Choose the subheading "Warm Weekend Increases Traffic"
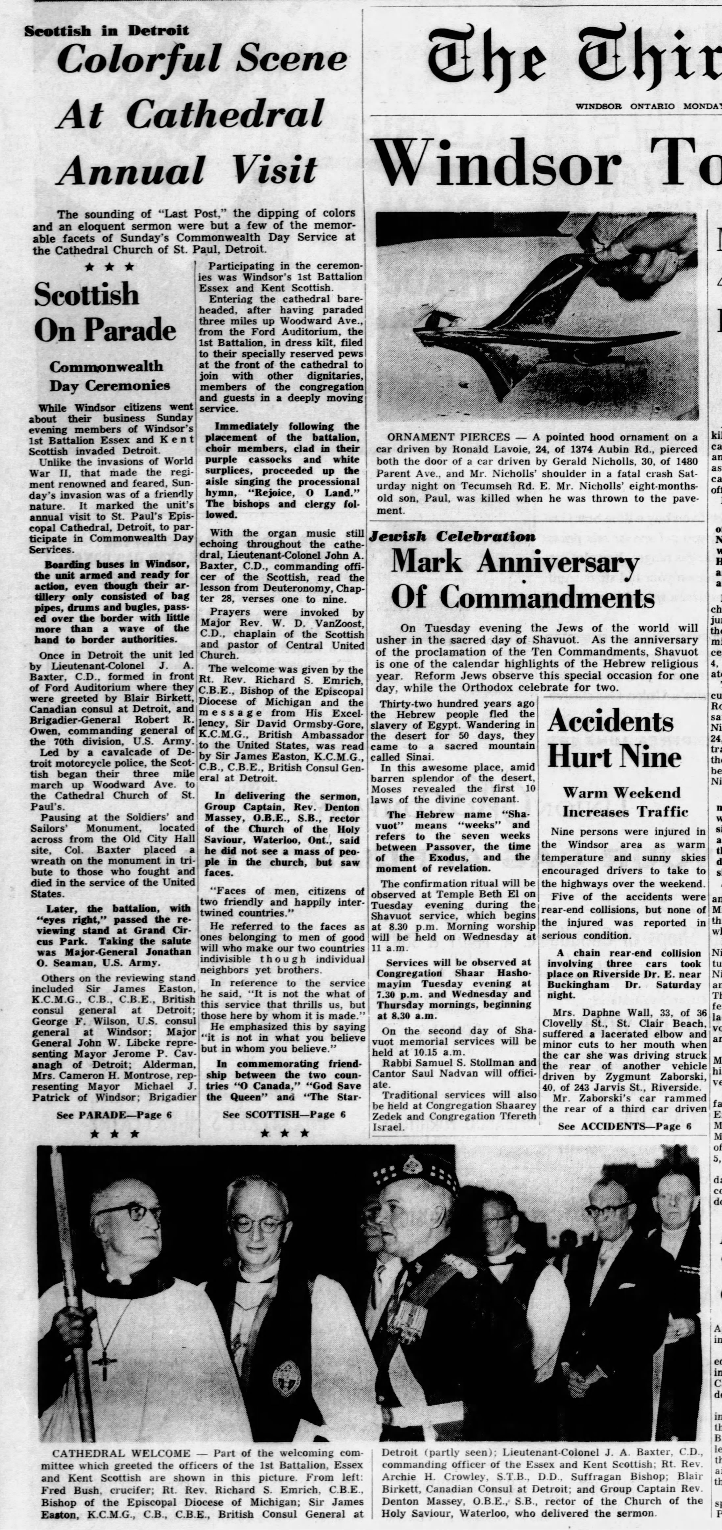625,802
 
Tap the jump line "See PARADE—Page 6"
114,1115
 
